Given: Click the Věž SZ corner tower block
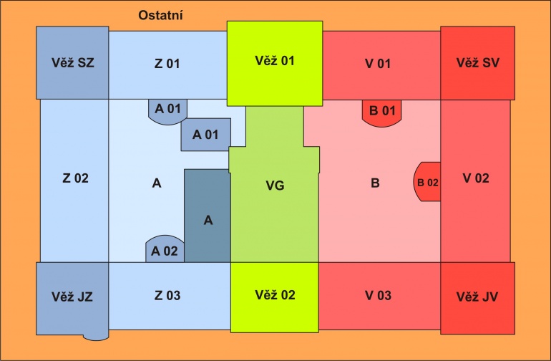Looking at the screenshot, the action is click(x=72, y=62).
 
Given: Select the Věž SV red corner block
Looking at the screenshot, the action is click(x=477, y=63).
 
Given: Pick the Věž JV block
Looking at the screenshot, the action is click(x=477, y=298).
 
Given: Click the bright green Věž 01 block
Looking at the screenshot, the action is click(x=275, y=63).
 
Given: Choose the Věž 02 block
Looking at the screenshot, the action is click(x=275, y=297).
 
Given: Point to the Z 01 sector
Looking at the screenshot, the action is click(x=167, y=65).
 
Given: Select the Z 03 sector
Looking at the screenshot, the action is click(x=170, y=296).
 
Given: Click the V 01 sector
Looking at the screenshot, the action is click(x=381, y=65).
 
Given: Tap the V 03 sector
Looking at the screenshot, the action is click(x=379, y=296).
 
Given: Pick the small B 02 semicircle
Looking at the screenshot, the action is click(x=427, y=181).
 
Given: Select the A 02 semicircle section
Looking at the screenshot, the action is click(x=165, y=249).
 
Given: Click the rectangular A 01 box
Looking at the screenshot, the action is click(x=206, y=135).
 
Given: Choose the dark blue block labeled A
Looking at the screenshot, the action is click(x=208, y=216).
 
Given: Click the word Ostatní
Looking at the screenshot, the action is click(x=160, y=16).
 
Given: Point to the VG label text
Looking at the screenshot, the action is click(x=275, y=186).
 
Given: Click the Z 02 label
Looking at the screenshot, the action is click(x=76, y=178).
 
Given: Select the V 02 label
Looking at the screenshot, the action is click(x=476, y=178).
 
